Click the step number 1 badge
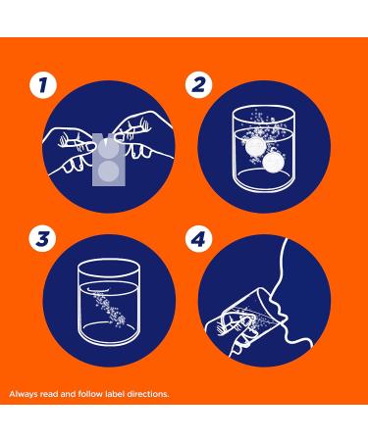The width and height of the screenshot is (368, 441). click(x=43, y=85)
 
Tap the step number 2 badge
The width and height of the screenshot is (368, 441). click(x=199, y=85)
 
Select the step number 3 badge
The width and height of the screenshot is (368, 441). click(x=42, y=238)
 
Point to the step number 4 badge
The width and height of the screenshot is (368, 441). click(x=199, y=238)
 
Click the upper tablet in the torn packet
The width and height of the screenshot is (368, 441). click(x=108, y=149)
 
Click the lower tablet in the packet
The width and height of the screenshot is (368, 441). click(x=108, y=171)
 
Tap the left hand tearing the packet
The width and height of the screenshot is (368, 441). click(x=71, y=149)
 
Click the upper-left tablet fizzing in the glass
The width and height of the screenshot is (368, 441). click(x=254, y=148)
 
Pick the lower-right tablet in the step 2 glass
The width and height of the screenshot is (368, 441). click(x=273, y=163)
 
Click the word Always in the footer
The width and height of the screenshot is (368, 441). click(x=24, y=394)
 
